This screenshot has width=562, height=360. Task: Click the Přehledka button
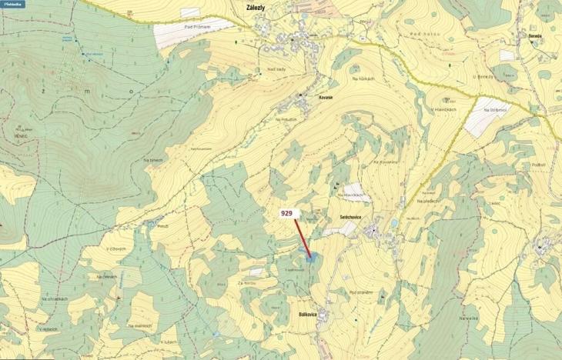[x=12, y=4]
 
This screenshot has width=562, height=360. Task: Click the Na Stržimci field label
[x=496, y=110]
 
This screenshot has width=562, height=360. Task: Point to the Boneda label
[x=535, y=35]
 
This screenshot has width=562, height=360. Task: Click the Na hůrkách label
[x=363, y=78]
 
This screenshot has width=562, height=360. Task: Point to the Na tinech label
[x=154, y=159]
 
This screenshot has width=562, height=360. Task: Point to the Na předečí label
[x=429, y=201]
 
